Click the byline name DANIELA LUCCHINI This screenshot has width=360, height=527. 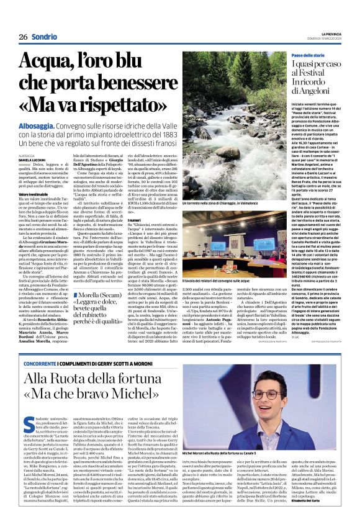pos(31,159)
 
